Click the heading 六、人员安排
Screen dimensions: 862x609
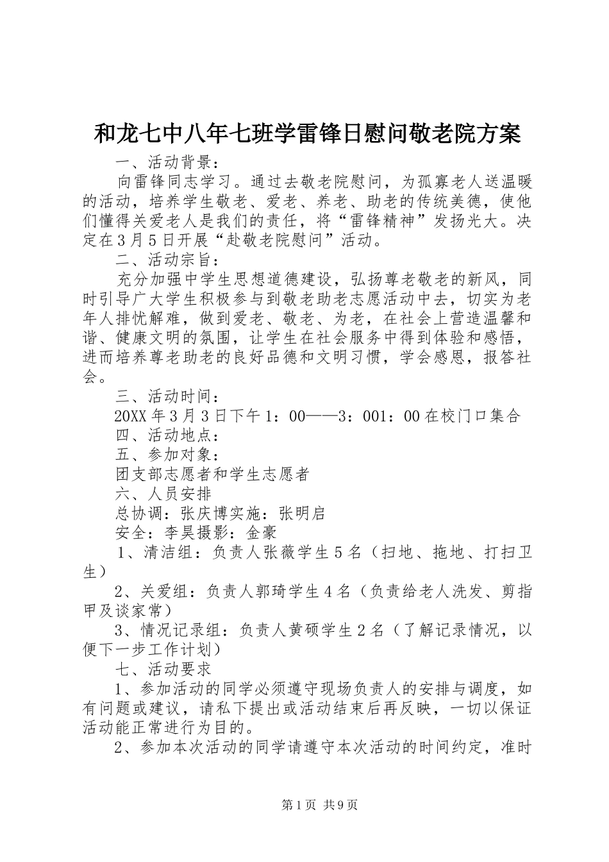click(163, 493)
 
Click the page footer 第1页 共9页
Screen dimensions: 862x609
click(319, 804)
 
